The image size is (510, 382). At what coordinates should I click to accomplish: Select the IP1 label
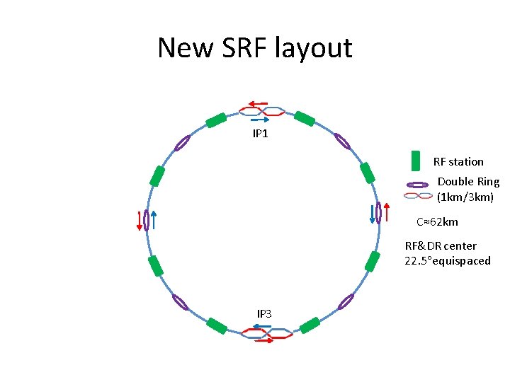[x=261, y=133]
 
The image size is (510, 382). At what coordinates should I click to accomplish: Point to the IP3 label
[x=264, y=313]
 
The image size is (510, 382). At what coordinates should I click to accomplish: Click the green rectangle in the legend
[x=416, y=161]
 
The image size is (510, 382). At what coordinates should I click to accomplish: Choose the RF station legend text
[x=458, y=162]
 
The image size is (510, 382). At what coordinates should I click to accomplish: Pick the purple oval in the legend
[x=418, y=185]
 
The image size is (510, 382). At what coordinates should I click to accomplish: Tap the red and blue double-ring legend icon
[x=418, y=195]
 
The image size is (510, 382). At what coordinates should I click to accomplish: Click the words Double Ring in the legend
[x=468, y=182]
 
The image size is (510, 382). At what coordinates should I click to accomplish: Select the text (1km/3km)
[x=465, y=197]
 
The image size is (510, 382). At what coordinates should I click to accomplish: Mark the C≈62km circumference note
[x=437, y=222]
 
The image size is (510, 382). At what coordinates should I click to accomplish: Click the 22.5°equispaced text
[x=448, y=261]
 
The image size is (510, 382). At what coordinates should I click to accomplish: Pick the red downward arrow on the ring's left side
[x=140, y=221]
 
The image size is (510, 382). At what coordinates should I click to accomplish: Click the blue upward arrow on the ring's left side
[x=154, y=220]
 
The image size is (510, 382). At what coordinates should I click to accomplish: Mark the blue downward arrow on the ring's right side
[x=372, y=214]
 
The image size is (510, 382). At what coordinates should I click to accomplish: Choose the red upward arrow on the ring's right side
[x=386, y=212]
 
